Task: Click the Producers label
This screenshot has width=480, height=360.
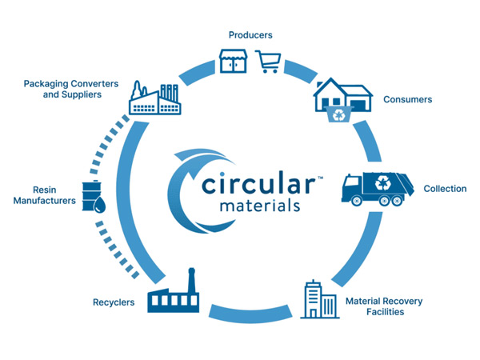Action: point(250,35)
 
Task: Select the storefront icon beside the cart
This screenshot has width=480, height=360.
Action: point(232,61)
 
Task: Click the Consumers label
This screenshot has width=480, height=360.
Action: point(407,100)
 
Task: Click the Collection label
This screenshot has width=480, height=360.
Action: point(444,189)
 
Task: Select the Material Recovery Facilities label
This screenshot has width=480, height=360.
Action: point(383,306)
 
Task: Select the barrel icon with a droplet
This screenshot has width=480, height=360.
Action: point(93,196)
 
